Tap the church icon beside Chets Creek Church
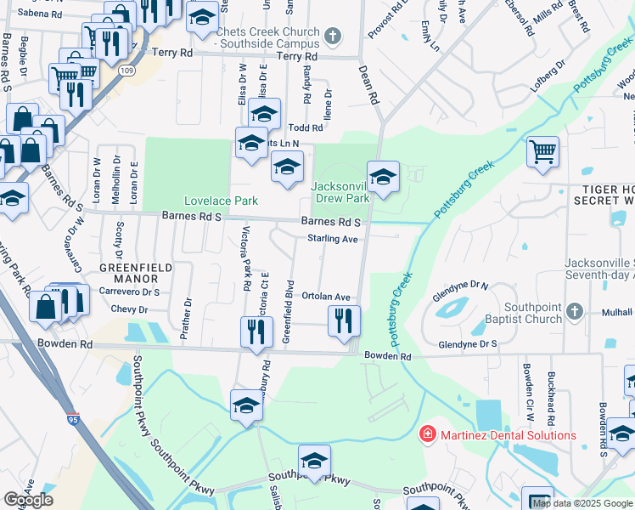(334, 37)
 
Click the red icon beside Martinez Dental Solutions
(429, 435)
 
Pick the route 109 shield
(126, 69)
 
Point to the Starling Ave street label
(332, 239)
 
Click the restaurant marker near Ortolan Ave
(343, 320)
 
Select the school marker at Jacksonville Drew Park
(383, 178)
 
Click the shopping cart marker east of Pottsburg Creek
(542, 153)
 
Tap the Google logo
(28, 500)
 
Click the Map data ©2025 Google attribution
(582, 503)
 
